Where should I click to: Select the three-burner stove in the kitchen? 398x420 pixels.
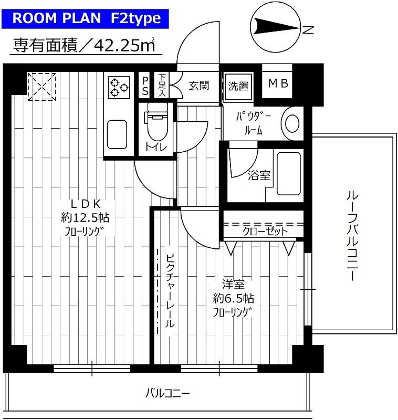click(119, 87)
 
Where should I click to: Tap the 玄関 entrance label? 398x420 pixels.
click(199, 85)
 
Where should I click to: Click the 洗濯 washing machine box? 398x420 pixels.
click(238, 86)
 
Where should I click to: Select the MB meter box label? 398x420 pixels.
click(278, 84)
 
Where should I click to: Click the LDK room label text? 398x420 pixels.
click(86, 204)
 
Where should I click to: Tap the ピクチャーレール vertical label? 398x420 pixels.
click(170, 291)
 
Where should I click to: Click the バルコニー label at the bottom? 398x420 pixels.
click(167, 393)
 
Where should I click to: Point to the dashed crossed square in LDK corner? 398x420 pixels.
click(41, 86)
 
